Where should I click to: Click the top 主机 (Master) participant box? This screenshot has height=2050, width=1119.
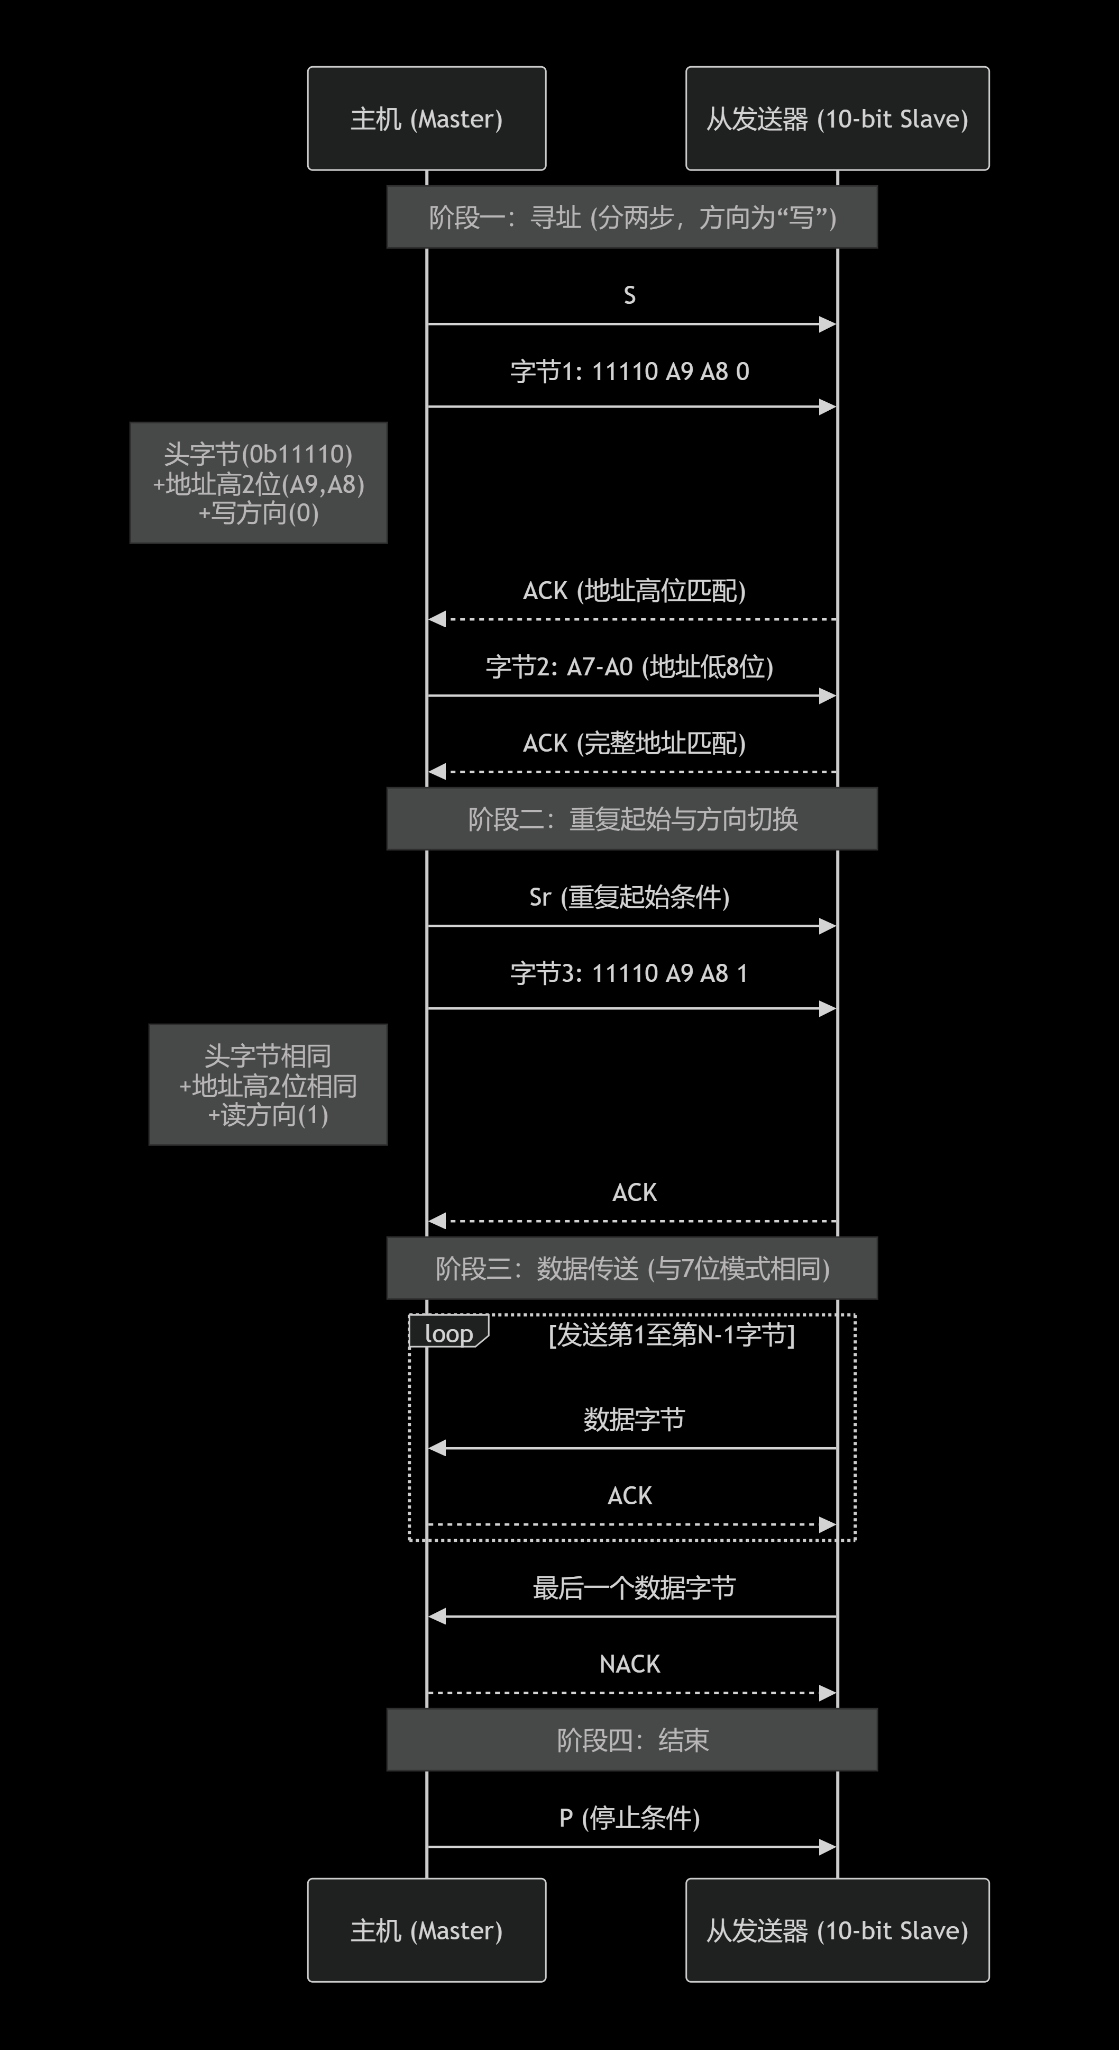(426, 119)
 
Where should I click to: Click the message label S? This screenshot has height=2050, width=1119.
(629, 295)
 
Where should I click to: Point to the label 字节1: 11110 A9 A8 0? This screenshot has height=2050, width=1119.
(629, 372)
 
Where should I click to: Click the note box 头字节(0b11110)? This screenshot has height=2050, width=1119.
(259, 483)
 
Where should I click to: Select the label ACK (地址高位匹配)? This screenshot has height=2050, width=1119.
(634, 591)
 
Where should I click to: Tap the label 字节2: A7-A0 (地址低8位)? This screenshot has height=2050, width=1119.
(629, 667)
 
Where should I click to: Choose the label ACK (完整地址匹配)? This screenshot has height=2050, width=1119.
(634, 743)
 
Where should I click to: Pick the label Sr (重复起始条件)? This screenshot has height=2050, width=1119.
(629, 897)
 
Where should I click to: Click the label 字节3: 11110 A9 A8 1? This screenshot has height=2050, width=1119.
(629, 973)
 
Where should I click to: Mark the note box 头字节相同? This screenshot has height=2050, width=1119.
(268, 1085)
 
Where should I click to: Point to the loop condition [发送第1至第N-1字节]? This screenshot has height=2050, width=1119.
(671, 1334)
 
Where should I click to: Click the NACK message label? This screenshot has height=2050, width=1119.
(629, 1664)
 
